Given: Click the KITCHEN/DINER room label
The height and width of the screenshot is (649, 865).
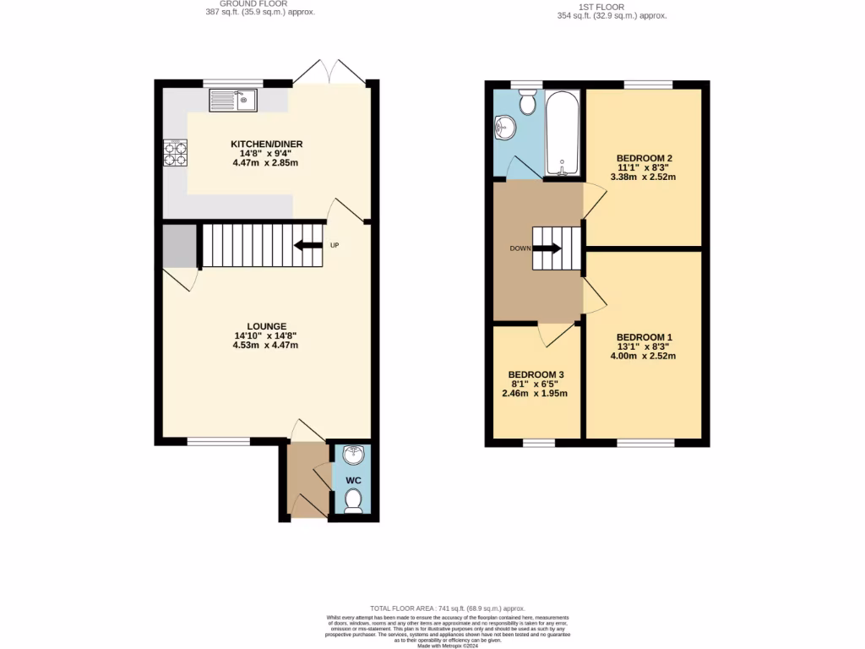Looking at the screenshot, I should click(267, 145).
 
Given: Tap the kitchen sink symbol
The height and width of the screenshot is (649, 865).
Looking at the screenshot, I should click(234, 101).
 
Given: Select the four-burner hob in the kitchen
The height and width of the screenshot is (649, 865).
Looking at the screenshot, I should click(175, 152).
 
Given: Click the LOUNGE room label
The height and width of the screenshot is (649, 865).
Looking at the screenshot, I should click(266, 326).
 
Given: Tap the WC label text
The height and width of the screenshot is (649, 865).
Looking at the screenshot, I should click(354, 480).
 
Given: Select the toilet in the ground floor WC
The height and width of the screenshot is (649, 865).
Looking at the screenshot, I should click(354, 501).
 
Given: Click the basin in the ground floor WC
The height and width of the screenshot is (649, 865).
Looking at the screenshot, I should click(354, 455).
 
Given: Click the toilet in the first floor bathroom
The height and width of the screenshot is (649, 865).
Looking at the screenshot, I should click(527, 103).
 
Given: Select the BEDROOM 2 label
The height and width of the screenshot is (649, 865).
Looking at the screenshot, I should click(644, 158).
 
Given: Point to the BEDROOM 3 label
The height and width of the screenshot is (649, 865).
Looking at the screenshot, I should click(536, 374).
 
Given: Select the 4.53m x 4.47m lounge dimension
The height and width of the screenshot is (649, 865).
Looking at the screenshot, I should click(266, 345).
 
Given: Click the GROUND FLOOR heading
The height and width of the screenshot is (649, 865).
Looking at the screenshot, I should click(255, 4).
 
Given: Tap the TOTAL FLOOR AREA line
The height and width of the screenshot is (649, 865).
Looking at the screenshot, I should click(448, 608).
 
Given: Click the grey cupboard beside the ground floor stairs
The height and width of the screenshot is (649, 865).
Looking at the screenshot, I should click(179, 245).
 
